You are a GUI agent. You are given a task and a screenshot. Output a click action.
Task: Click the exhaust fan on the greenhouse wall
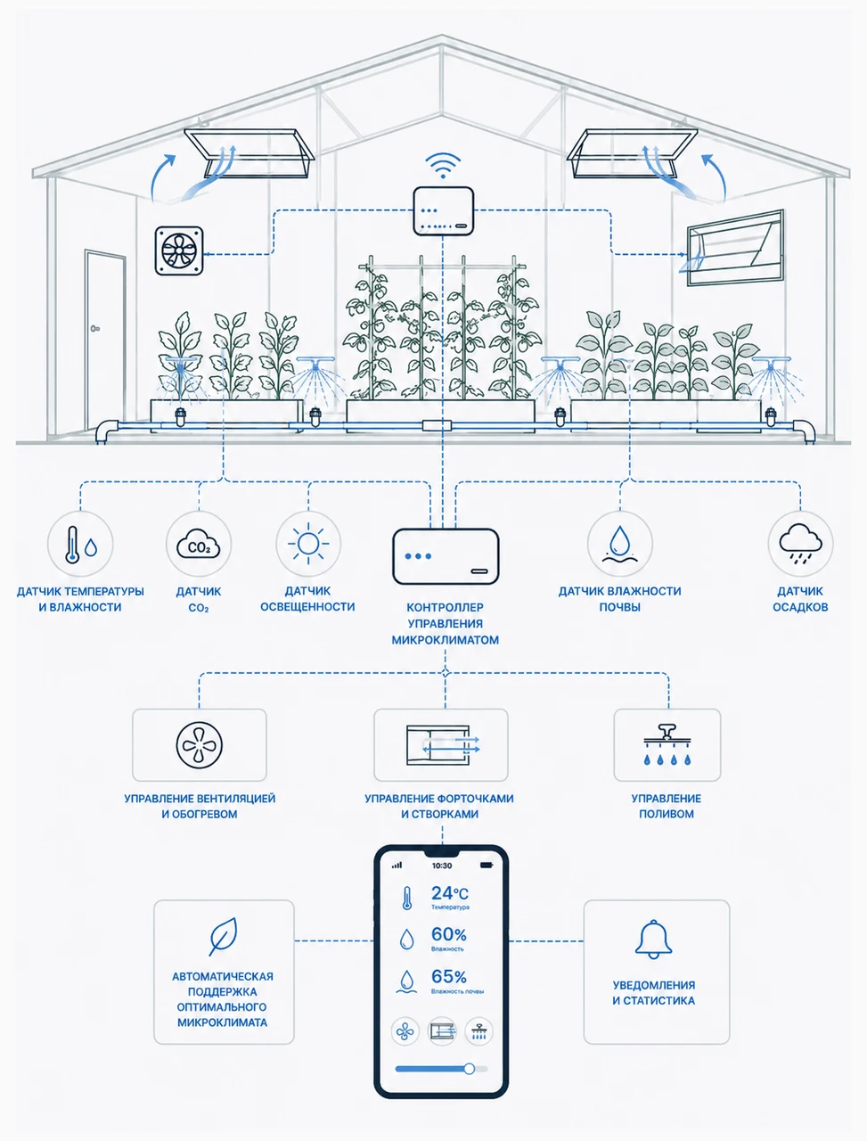(179, 250)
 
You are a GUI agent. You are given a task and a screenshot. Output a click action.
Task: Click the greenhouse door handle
(95, 328)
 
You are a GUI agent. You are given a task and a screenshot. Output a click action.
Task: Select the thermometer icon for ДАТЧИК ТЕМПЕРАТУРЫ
(72, 545)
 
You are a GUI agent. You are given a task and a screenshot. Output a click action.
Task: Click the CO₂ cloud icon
(199, 545)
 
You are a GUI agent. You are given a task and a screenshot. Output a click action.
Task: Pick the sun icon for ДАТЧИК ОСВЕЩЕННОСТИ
(308, 544)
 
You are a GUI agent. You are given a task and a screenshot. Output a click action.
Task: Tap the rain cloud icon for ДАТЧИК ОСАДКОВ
(800, 543)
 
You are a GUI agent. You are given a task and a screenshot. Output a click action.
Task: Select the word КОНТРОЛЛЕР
(446, 607)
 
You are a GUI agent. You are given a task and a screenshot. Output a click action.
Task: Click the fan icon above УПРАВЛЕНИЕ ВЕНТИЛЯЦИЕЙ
(200, 745)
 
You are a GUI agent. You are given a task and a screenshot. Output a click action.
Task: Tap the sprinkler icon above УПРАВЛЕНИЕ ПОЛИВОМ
(667, 744)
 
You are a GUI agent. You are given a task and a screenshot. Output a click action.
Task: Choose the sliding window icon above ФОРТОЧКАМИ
(442, 745)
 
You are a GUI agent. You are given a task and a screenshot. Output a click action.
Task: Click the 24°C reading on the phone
(449, 893)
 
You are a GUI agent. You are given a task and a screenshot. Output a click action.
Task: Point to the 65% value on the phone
(449, 977)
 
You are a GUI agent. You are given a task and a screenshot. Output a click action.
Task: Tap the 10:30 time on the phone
(442, 866)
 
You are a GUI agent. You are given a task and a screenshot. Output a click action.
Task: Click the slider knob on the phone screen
(469, 1069)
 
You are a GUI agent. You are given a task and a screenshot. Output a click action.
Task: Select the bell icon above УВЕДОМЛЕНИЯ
(653, 940)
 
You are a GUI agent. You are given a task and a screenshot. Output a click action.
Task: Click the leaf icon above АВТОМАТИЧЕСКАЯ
(224, 937)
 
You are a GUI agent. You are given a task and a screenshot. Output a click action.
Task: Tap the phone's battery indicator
(487, 866)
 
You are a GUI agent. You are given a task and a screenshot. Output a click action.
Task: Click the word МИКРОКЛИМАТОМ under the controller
(446, 640)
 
